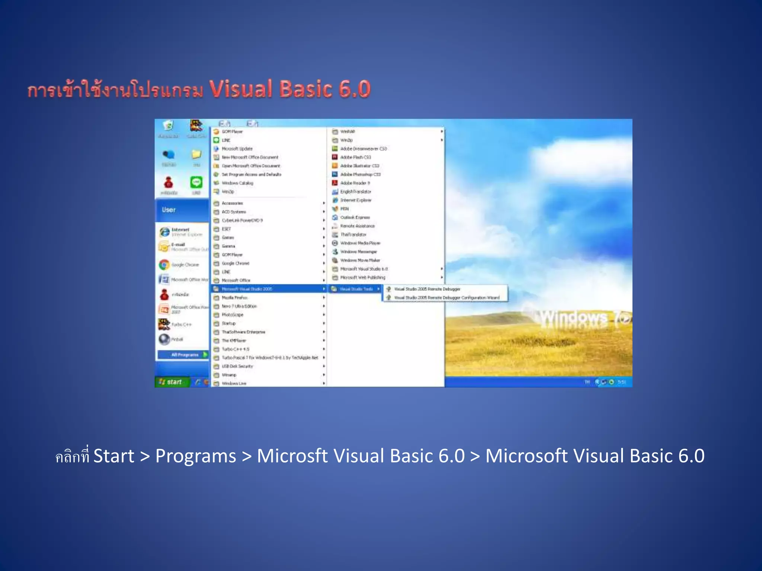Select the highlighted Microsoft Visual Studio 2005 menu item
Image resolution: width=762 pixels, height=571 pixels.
tap(247, 289)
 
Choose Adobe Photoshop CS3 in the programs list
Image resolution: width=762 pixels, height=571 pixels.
tap(360, 174)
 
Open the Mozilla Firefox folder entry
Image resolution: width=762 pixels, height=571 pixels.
tap(234, 297)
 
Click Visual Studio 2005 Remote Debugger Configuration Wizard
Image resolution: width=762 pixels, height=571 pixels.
tap(446, 298)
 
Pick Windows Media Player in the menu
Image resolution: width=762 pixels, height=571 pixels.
tap(360, 243)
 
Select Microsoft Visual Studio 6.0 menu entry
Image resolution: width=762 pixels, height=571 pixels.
tap(364, 269)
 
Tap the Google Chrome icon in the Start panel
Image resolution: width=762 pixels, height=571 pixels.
tap(164, 265)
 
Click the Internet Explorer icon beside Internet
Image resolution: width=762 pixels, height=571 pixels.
tap(164, 232)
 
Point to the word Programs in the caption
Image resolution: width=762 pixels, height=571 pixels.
tap(196, 456)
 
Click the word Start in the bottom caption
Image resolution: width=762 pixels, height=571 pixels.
tap(113, 456)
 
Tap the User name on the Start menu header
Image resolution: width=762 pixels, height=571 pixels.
tap(169, 210)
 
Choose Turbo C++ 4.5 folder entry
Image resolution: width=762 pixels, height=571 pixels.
tap(235, 349)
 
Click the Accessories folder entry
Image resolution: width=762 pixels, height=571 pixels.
tap(232, 203)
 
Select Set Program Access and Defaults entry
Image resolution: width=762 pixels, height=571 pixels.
tap(252, 174)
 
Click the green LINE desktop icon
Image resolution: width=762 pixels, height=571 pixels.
tap(196, 183)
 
